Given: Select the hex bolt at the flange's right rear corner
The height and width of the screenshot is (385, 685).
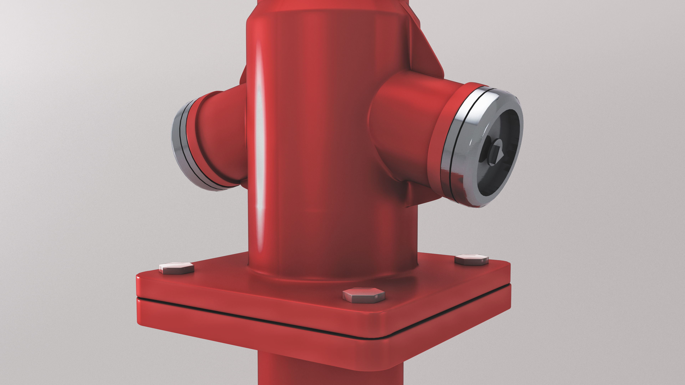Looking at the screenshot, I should (x=471, y=260).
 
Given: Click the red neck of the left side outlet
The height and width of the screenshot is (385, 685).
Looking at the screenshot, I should (x=221, y=133).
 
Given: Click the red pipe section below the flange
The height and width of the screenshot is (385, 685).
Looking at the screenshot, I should (x=330, y=372).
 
